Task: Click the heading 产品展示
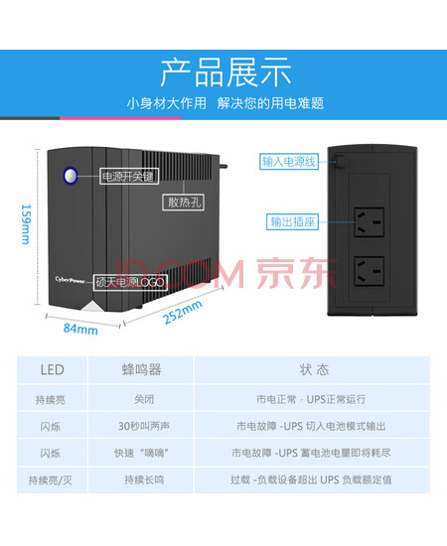pyautogui.click(x=225, y=72)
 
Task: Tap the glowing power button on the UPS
pyautogui.click(x=71, y=176)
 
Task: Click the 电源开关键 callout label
pyautogui.click(x=129, y=176)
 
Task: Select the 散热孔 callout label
pyautogui.click(x=183, y=202)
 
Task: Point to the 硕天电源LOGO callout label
pyautogui.click(x=130, y=282)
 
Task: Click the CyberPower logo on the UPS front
pyautogui.click(x=70, y=280)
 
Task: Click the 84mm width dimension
pyautogui.click(x=80, y=329)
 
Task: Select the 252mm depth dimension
pyautogui.click(x=183, y=312)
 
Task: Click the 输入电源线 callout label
pyautogui.click(x=289, y=162)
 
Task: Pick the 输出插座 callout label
pyautogui.click(x=292, y=221)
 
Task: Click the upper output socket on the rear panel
pyautogui.click(x=369, y=222)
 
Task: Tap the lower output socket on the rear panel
pyautogui.click(x=369, y=271)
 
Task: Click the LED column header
pyautogui.click(x=53, y=369)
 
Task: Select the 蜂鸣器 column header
pyautogui.click(x=141, y=369)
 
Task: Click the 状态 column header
pyautogui.click(x=314, y=369)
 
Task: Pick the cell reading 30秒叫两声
pyautogui.click(x=144, y=426)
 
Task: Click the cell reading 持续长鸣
pyautogui.click(x=144, y=479)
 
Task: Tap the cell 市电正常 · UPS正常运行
pyautogui.click(x=311, y=399)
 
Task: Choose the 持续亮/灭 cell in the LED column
pyautogui.click(x=51, y=480)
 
